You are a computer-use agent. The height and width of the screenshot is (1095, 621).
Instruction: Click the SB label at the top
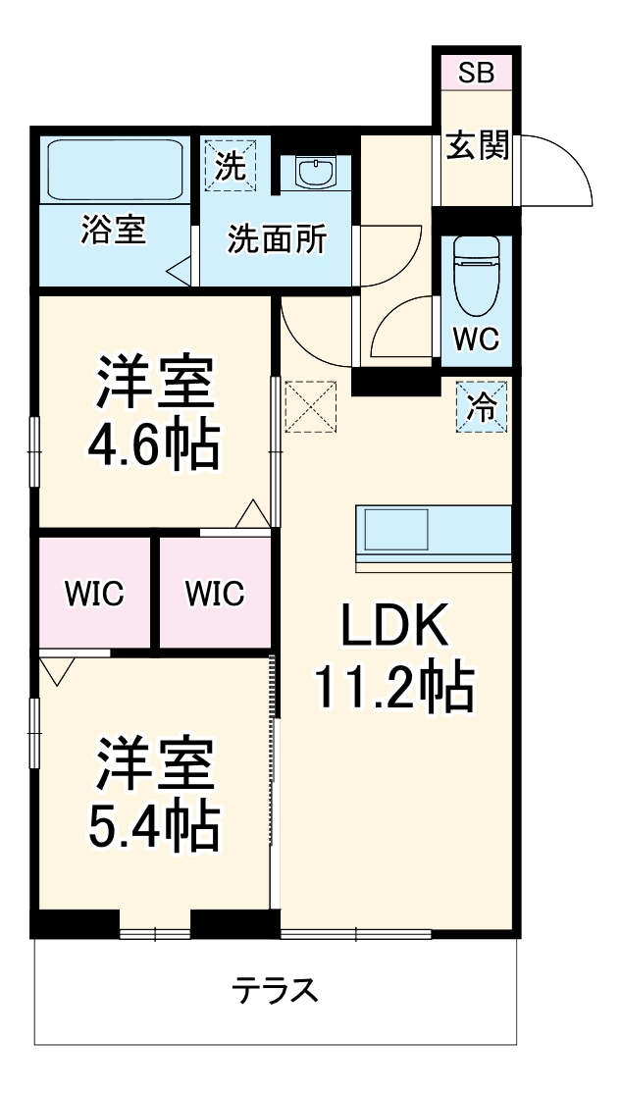[477, 72]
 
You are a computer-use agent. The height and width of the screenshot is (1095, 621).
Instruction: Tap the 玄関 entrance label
[478, 147]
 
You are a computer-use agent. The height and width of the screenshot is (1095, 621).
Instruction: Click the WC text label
[476, 339]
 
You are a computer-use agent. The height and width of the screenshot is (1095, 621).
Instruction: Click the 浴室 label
[113, 232]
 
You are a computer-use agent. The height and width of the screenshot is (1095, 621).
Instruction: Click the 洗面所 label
[278, 239]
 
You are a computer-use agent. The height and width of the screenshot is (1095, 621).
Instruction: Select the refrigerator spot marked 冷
[482, 406]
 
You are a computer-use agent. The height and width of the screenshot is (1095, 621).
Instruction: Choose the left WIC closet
[95, 594]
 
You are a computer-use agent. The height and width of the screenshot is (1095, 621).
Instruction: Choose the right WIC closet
[215, 594]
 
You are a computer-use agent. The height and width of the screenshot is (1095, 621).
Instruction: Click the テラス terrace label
[276, 990]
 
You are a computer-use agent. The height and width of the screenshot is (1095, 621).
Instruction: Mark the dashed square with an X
[311, 406]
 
